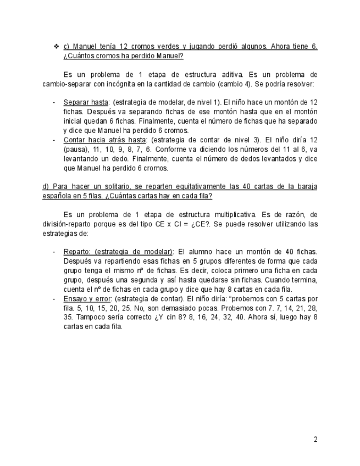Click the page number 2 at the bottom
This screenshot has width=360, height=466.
(315, 439)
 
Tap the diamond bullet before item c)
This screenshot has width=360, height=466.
(56, 47)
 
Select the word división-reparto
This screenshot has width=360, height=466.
(71, 224)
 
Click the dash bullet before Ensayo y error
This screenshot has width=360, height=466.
(54, 298)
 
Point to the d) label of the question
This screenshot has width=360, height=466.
(46, 187)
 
